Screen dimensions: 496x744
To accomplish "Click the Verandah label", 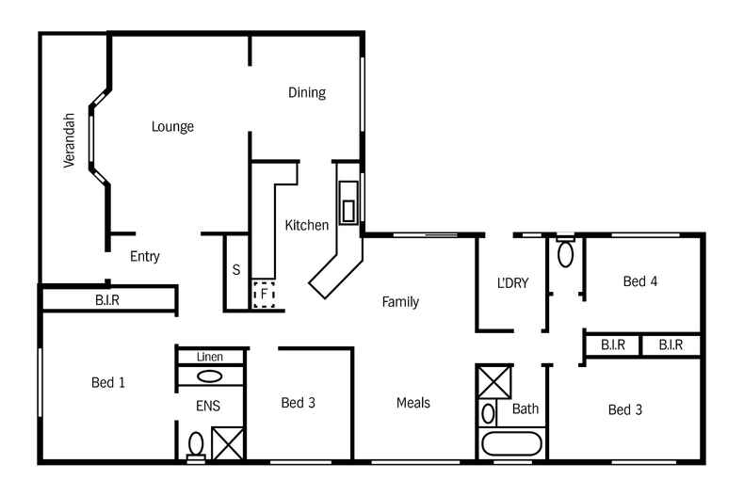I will pos(69,140).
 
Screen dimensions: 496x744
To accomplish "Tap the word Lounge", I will pos(172,126).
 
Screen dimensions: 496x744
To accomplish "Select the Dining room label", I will pos(306,92).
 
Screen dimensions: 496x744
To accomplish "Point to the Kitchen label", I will pos(307,225).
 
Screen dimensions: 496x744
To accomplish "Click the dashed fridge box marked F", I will pos(265,295).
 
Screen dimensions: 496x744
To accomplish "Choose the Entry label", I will pos(145,256).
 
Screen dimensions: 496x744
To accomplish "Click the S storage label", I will pos(235,270).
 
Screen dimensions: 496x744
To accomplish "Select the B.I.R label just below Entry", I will pos(107,300).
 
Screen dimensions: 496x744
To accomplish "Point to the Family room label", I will pos(400,302).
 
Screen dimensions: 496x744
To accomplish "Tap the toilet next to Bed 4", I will pos(565,252).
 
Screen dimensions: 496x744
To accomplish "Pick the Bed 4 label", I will pos(640,280).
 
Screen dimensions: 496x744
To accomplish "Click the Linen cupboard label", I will pos(210,358).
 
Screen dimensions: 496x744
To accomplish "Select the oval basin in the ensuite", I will pos(210,376).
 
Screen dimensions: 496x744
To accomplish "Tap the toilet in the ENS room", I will pos(196,443).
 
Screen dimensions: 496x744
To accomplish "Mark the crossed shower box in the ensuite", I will pos(228,442).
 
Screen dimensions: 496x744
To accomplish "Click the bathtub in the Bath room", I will pos(511,442).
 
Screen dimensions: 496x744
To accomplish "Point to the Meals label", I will pos(412,403).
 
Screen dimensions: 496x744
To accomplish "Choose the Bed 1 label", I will pos(108,382).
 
